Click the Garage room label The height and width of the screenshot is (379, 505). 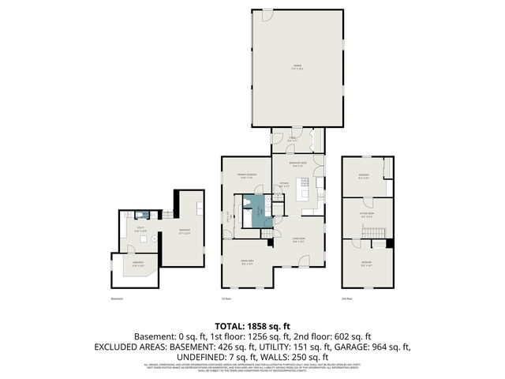tap(297, 68)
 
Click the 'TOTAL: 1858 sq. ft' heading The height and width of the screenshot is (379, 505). tap(252, 325)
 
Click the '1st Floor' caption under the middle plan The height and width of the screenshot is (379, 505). tap(226, 299)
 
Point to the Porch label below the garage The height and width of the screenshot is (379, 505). tap(291, 137)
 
